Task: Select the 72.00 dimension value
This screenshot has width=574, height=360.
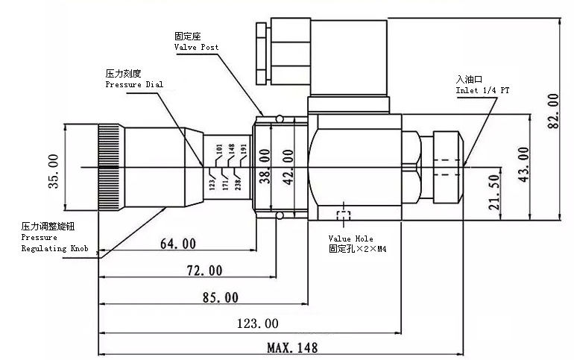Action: (x=204, y=269)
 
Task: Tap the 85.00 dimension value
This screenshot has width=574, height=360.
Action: (x=221, y=297)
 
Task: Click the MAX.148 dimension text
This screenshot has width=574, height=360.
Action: (x=292, y=347)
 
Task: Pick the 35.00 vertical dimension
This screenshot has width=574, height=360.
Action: (x=53, y=171)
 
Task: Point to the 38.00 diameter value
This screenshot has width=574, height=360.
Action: (x=263, y=166)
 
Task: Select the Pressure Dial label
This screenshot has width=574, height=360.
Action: (x=133, y=85)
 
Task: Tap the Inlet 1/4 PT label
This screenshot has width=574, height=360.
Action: (x=482, y=90)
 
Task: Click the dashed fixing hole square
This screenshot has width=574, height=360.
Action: (x=344, y=217)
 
